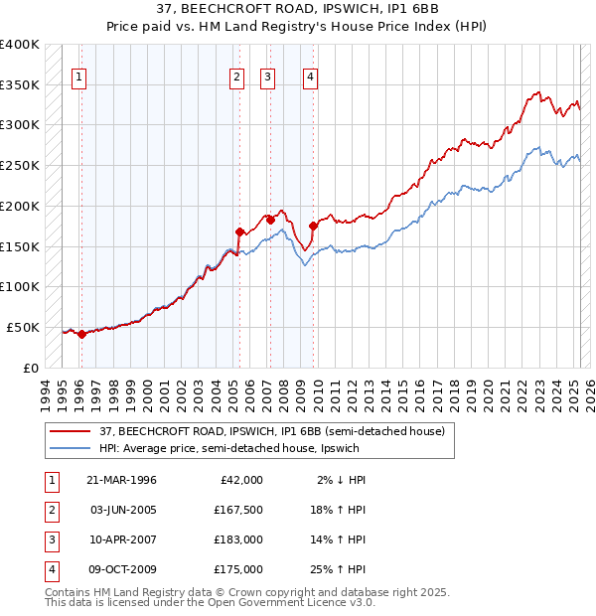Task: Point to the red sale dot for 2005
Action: [239, 231]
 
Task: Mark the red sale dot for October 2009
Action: [314, 226]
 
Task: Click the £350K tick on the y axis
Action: [20, 84]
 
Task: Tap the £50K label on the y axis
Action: [24, 327]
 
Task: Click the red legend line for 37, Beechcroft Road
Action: [71, 430]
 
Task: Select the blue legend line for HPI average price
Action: [71, 447]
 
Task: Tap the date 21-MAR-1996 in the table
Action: [122, 480]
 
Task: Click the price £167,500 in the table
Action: [238, 511]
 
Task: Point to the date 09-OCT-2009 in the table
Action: [122, 570]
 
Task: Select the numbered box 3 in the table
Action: [51, 540]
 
